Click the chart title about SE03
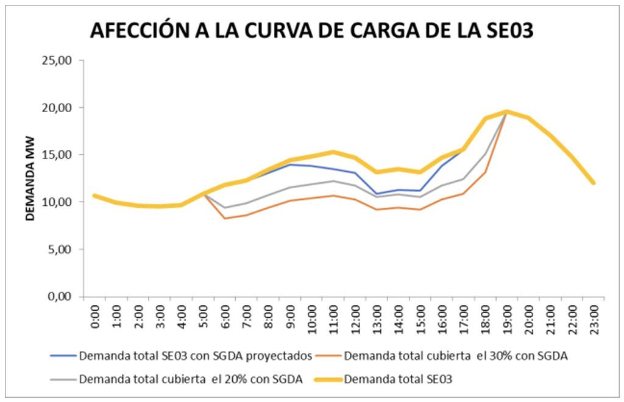point(311,29)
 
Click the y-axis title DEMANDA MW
point(30,178)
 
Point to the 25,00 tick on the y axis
point(57,60)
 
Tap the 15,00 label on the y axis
point(57,155)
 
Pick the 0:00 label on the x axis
point(94,316)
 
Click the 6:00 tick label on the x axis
point(225,316)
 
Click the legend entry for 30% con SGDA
point(456,356)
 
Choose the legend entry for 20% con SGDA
point(191,379)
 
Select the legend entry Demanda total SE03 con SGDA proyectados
point(195,356)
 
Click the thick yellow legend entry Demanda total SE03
point(398,379)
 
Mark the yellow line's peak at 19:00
point(507,111)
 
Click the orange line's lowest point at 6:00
point(225,218)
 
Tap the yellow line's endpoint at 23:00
point(594,183)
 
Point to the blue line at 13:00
point(377,194)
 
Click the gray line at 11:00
point(333,181)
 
